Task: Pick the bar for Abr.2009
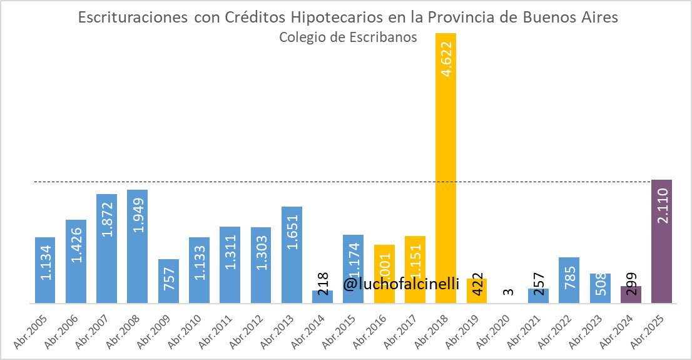click(x=168, y=282)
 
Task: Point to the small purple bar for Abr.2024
click(x=631, y=295)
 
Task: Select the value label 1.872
click(x=107, y=220)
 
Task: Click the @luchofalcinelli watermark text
click(x=401, y=284)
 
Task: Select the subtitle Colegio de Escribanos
click(x=348, y=37)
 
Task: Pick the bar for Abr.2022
click(x=569, y=280)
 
